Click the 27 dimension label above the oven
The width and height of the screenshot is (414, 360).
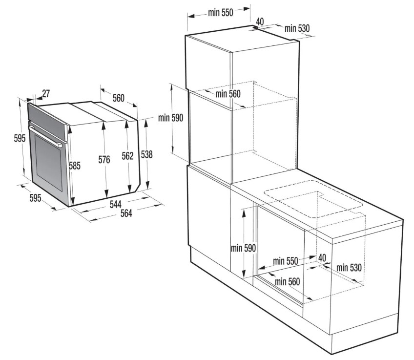[46, 93]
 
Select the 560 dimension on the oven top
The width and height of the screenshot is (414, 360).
[118, 98]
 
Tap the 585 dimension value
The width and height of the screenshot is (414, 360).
[75, 166]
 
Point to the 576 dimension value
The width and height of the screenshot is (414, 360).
[104, 160]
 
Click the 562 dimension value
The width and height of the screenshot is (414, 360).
[127, 156]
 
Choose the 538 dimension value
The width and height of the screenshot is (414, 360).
[146, 154]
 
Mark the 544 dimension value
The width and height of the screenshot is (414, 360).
[115, 204]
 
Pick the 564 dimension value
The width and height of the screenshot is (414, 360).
[126, 213]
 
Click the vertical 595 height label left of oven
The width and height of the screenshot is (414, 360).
[20, 138]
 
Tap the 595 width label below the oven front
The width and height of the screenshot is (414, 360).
[35, 197]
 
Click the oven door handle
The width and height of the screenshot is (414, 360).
[45, 136]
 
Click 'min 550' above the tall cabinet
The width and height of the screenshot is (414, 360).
[221, 12]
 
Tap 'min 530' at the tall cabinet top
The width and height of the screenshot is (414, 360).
[297, 28]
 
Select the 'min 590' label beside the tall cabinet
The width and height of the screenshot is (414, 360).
[170, 118]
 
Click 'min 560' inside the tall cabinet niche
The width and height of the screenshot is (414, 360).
[228, 94]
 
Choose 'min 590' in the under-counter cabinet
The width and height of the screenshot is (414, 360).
[243, 248]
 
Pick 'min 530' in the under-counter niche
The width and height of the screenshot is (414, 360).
[349, 268]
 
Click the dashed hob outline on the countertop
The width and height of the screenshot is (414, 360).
[313, 199]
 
